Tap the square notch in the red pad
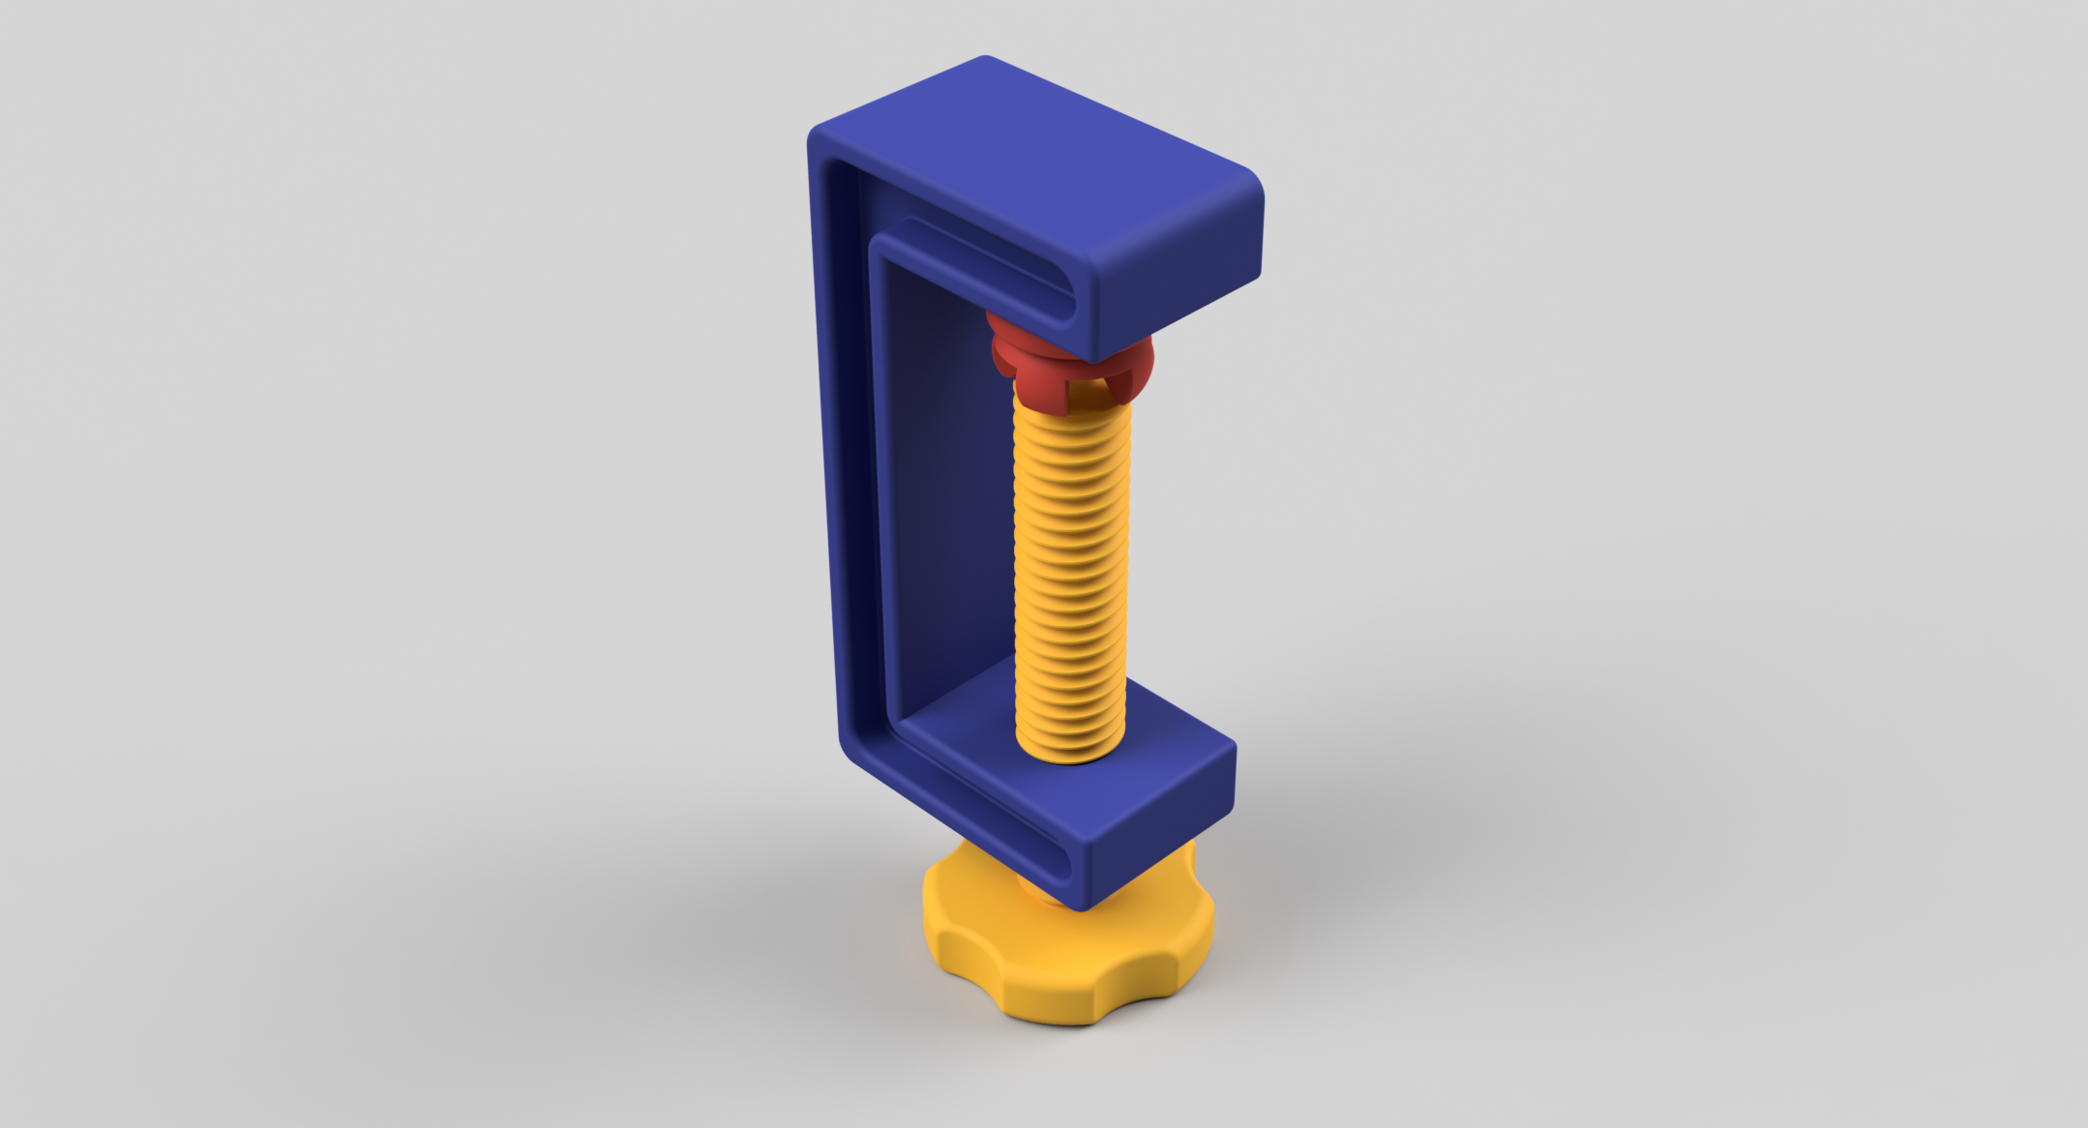(x=1083, y=391)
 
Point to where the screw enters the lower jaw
(x=1071, y=750)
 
